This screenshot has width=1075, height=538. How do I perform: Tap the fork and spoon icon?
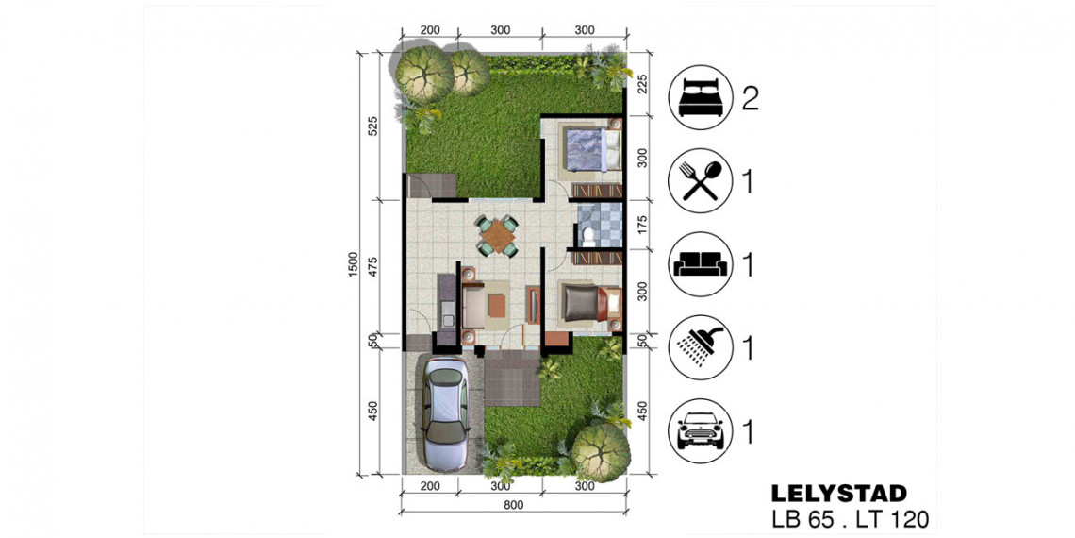tap(699, 179)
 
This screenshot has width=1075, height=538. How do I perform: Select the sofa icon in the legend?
tap(699, 264)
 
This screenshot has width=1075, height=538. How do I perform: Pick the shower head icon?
tap(699, 347)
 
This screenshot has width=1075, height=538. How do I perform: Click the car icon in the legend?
tap(699, 431)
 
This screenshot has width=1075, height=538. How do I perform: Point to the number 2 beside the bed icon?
tap(750, 99)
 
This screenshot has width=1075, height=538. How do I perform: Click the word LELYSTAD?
tap(839, 493)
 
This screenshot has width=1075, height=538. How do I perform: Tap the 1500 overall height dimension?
tap(354, 265)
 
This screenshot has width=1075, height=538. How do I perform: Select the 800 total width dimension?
tap(514, 507)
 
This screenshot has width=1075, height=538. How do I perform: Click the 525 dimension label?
tap(373, 127)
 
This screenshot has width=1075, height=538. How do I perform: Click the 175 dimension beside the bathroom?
tap(642, 226)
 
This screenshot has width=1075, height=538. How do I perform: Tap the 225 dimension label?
tap(642, 85)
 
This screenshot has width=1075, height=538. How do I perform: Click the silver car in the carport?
tap(444, 412)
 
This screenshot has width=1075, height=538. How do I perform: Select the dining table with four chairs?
tap(498, 236)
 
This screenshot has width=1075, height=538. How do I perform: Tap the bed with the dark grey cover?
tap(592, 303)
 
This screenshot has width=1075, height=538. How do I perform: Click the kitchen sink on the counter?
tap(448, 319)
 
